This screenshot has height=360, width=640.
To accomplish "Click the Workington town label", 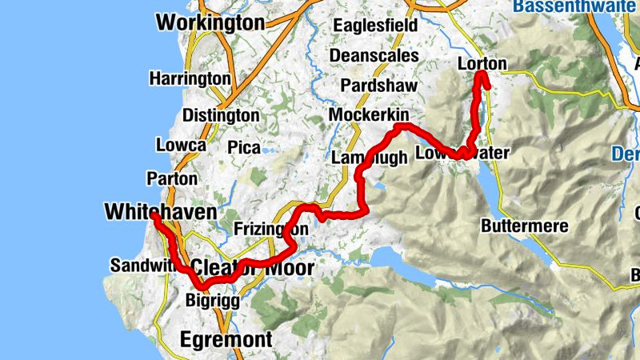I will [x=210, y=22].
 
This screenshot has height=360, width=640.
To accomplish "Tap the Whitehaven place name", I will [x=161, y=211].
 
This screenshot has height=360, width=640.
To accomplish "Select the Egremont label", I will [x=226, y=338].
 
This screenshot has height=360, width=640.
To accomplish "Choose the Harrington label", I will [x=190, y=78].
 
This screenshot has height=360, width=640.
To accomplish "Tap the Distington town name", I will [x=221, y=115].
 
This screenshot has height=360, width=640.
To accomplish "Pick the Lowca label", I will [x=182, y=146].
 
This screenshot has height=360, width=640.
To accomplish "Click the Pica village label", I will [x=244, y=148].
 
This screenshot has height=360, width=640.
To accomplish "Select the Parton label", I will [x=168, y=178].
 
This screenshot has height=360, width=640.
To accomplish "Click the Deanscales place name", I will [x=374, y=56].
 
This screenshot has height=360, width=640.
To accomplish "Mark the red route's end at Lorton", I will [x=482, y=75].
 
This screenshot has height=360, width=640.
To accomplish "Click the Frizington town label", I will [x=271, y=230].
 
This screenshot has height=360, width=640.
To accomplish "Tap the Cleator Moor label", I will [x=252, y=267].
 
